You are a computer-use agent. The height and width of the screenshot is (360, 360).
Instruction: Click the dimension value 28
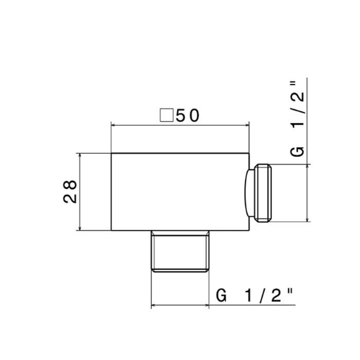[x=70, y=191]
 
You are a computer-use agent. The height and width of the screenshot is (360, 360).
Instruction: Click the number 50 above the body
[x=188, y=116]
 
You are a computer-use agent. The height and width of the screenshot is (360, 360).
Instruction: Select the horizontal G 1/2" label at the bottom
[x=255, y=295]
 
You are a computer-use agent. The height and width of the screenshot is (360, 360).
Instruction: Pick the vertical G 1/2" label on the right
[x=297, y=119]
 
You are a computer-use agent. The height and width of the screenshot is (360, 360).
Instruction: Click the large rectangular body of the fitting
[x=180, y=192]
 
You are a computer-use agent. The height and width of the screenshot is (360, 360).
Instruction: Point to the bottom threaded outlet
[x=180, y=251]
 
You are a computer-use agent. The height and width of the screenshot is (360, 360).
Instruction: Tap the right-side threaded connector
[x=263, y=193]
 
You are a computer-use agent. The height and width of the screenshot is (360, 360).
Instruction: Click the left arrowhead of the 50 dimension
[x=113, y=125]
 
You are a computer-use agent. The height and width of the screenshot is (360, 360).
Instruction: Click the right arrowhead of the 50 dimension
[x=247, y=125]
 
